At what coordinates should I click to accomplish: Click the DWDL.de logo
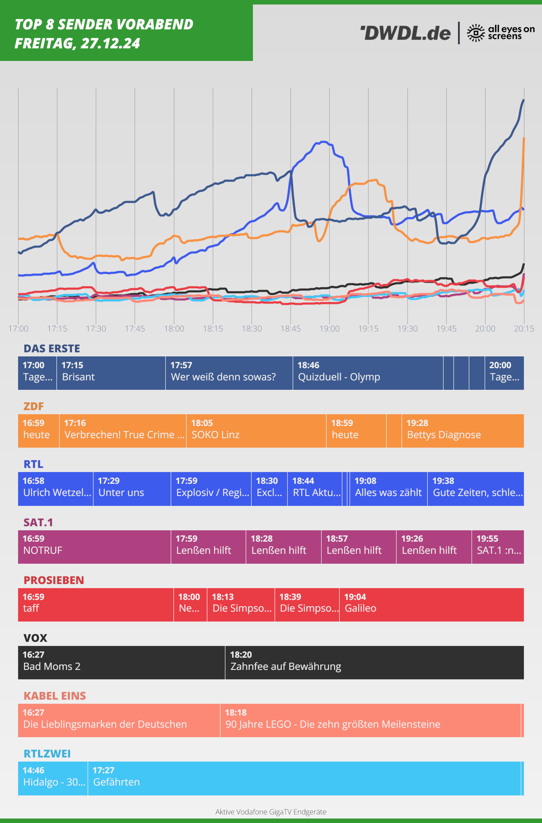pos(406,33)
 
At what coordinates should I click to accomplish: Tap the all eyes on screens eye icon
pos(476,33)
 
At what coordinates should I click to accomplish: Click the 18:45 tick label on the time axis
pos(290,329)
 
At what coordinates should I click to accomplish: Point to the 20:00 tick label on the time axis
pos(485,329)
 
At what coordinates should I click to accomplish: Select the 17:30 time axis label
pos(96,329)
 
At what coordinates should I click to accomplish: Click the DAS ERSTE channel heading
pos(52,349)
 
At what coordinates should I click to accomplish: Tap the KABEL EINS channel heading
pos(55,696)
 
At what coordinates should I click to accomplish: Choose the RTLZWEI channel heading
pos(47,754)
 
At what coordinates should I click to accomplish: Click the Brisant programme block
pos(111,373)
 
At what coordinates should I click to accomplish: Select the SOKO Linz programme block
pos(256,431)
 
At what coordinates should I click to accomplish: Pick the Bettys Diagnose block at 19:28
pos(463,431)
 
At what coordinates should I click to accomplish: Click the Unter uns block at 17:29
pos(132,489)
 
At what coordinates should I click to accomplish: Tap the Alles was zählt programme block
pos(388,489)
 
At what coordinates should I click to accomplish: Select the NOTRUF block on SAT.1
pos(94,547)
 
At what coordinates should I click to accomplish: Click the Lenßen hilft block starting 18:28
pos(283,547)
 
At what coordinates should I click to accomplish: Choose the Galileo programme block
pos(431,605)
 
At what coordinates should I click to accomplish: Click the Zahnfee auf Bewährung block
pos(374,663)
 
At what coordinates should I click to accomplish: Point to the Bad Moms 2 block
pos(121,663)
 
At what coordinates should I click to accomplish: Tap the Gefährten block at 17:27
pos(304,778)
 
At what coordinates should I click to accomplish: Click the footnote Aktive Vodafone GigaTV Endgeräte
pos(271,812)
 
